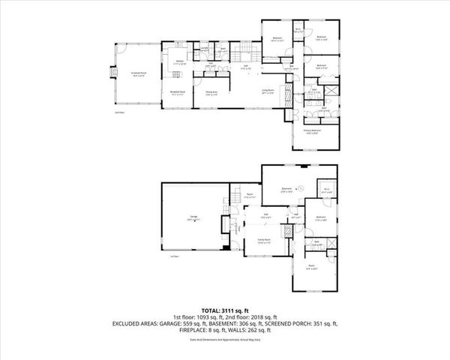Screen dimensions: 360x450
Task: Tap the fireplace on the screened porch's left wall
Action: (x=115, y=73)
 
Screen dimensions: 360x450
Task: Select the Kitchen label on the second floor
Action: (x=180, y=63)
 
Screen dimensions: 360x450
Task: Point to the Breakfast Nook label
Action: (x=178, y=93)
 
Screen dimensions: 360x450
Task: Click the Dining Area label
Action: (x=212, y=93)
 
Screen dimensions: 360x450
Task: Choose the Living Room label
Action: (x=268, y=91)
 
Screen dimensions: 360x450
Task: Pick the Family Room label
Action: (x=262, y=241)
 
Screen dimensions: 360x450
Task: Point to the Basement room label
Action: (x=286, y=189)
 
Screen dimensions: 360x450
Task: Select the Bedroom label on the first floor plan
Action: (x=321, y=220)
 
